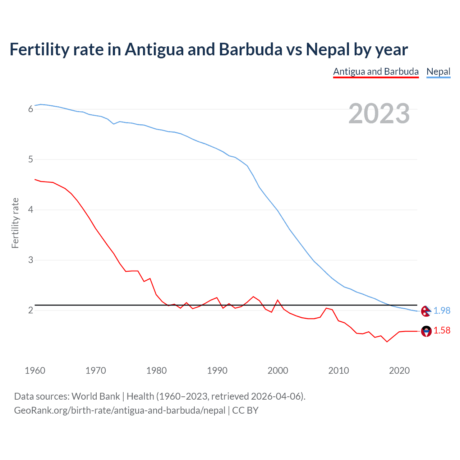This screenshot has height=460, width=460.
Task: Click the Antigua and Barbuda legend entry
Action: tap(376, 72)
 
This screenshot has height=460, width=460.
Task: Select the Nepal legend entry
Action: tap(438, 72)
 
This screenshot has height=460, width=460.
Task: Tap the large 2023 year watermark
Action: tap(379, 114)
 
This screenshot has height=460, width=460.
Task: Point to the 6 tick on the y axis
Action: tap(31, 109)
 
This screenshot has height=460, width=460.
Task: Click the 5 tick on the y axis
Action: tap(31, 159)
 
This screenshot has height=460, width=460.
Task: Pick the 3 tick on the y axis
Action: tap(31, 260)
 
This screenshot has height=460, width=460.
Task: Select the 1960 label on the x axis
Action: tap(35, 371)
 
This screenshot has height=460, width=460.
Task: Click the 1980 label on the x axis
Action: tap(156, 371)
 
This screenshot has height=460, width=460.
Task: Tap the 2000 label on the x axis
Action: tap(278, 371)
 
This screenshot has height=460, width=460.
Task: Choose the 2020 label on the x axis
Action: tap(399, 371)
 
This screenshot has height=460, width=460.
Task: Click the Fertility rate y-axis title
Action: tap(15, 223)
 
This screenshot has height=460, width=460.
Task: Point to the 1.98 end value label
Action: tap(442, 310)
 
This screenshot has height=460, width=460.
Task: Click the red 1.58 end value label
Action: tap(442, 330)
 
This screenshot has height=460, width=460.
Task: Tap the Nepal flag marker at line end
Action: tap(426, 311)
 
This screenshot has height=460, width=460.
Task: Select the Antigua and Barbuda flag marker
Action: tap(426, 331)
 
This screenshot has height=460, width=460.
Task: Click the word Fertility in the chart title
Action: tap(39, 49)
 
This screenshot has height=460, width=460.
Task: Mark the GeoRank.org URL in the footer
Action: tap(120, 410)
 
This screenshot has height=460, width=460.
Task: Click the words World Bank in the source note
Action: tap(96, 396)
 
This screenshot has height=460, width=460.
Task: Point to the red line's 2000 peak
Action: tap(278, 300)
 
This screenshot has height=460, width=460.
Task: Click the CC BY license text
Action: tap(245, 410)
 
